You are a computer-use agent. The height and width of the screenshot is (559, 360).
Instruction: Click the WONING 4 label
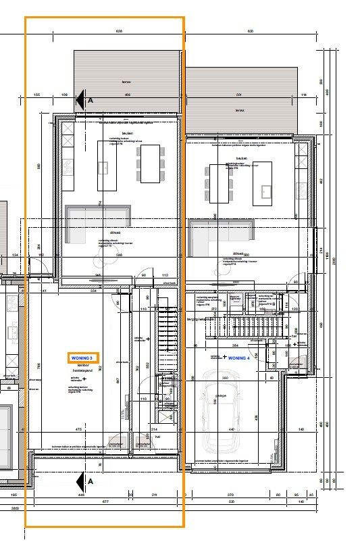point(239,358)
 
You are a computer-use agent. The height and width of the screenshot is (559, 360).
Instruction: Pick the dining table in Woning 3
point(149,163)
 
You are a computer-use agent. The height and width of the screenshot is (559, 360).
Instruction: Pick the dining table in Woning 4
point(220,183)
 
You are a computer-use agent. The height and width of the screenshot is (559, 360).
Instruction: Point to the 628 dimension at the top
point(120,31)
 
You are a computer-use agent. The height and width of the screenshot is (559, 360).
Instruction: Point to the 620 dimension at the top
point(249,31)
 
